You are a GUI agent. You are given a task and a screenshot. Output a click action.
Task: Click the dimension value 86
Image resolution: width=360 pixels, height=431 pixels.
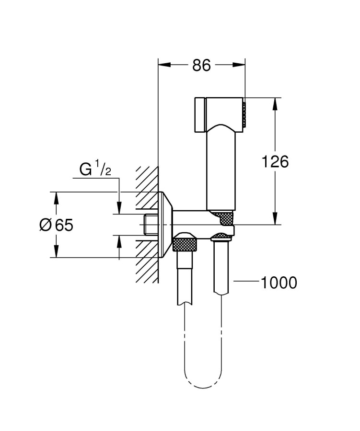[x=201, y=65]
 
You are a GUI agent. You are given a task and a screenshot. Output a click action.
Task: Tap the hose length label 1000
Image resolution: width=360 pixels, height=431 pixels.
[x=279, y=283]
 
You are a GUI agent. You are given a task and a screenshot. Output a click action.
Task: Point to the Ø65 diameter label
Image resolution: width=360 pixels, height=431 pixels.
[x=56, y=225]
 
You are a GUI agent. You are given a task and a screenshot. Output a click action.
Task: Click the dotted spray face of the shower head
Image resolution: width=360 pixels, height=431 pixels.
[x=244, y=114]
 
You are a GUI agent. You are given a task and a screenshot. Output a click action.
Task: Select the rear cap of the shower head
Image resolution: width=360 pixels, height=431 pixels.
[x=199, y=114]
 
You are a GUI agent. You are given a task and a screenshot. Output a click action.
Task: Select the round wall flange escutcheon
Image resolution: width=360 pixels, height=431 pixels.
[x=166, y=225]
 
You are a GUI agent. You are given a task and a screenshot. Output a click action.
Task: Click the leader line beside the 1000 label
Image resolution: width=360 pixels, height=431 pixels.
[x=246, y=283]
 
